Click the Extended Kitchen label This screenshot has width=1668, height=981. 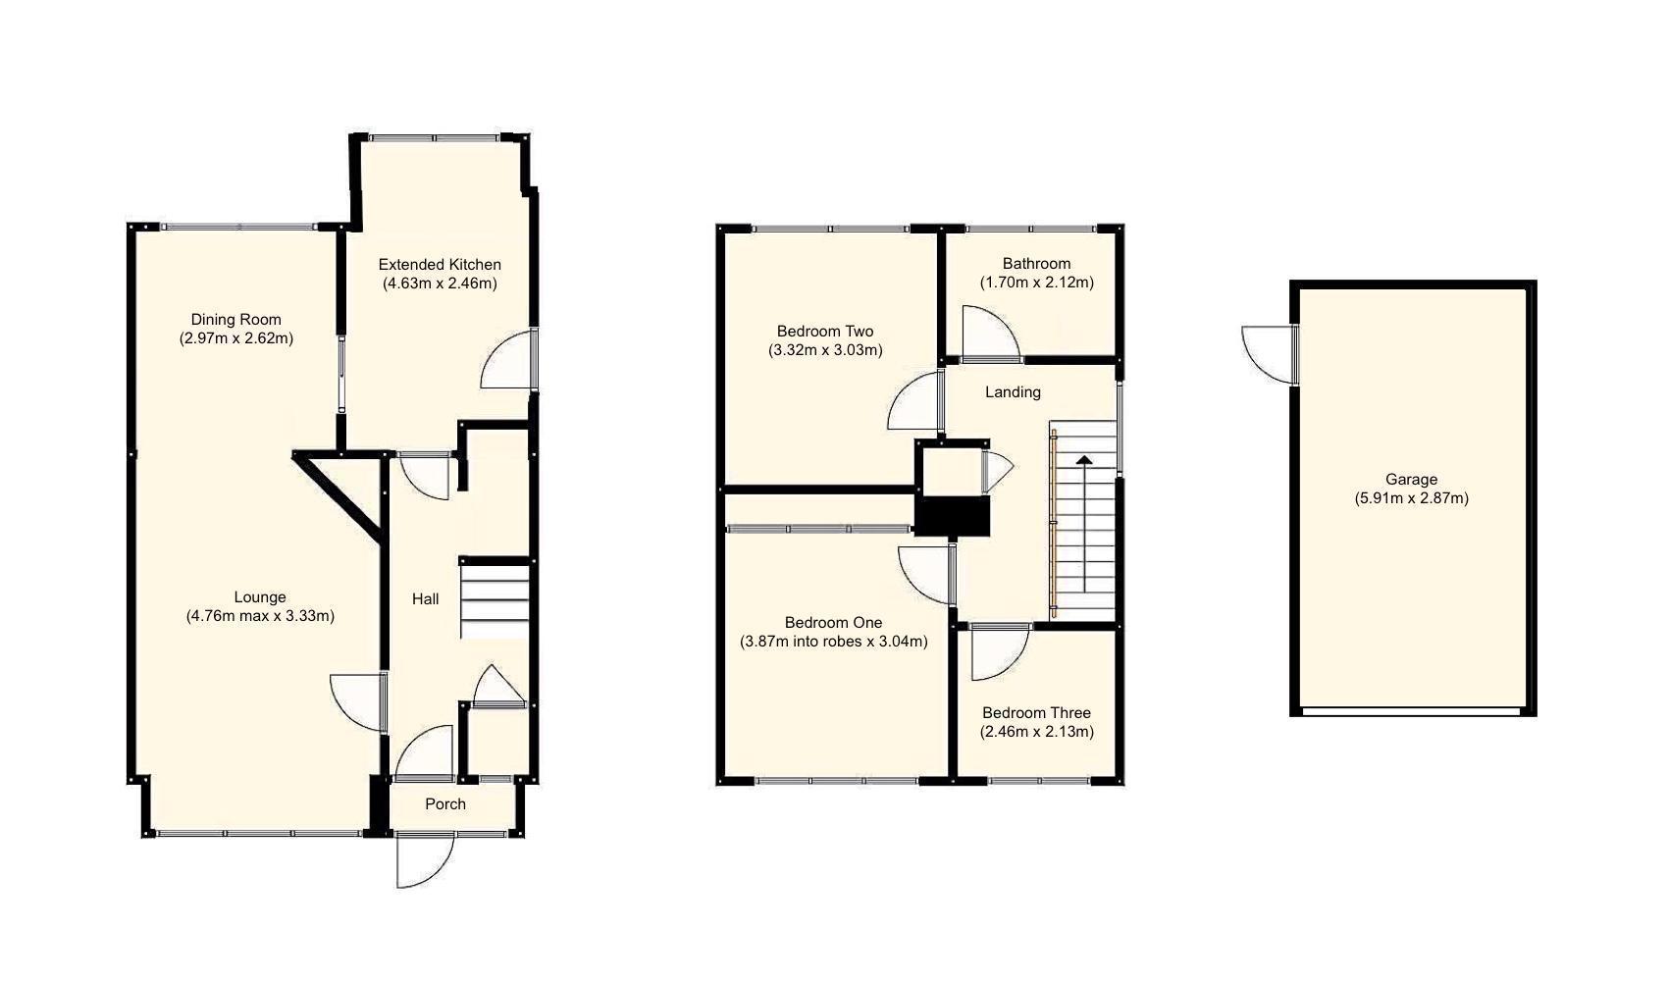click(440, 264)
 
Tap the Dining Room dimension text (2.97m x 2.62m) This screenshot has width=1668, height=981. click(235, 338)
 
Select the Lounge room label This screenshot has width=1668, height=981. click(260, 596)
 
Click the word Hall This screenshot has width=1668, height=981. click(425, 598)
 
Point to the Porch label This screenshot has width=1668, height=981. click(445, 803)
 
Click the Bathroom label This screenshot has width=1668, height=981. click(1036, 263)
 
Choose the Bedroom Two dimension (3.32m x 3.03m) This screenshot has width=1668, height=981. click(825, 350)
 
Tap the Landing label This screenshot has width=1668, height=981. click(1013, 391)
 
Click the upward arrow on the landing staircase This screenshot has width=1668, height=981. click(1084, 459)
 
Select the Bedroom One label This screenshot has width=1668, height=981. click(833, 622)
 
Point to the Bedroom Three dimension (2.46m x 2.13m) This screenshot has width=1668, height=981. click(1036, 731)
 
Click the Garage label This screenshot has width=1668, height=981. click(1411, 479)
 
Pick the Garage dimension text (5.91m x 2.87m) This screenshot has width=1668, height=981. click(1411, 498)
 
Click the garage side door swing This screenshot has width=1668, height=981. click(1268, 353)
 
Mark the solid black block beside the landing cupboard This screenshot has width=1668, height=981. click(952, 516)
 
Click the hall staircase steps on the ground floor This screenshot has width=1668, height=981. click(495, 598)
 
